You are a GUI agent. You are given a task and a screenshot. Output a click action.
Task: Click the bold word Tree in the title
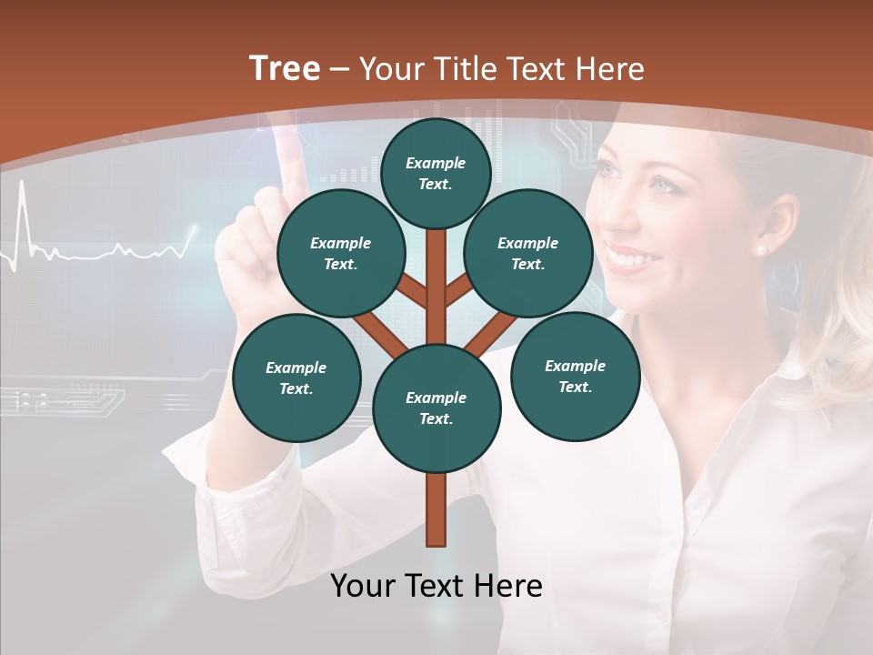pos(285,69)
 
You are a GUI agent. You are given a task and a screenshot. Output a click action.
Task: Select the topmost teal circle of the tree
pos(436,173)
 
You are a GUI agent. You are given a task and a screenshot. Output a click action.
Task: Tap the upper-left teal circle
pos(341,253)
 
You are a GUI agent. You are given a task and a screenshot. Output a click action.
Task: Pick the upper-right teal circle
pos(528,253)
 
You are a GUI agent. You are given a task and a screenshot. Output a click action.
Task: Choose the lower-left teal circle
pos(296,378)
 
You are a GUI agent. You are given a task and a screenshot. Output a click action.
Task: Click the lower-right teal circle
pos(575,376)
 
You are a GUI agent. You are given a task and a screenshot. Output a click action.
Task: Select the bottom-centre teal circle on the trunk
pos(436,408)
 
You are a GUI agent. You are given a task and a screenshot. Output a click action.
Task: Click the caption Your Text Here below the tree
pos(436,586)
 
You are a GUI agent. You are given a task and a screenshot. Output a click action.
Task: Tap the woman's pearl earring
pos(761,248)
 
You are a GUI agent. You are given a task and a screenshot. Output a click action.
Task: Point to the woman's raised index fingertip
pos(288,146)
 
